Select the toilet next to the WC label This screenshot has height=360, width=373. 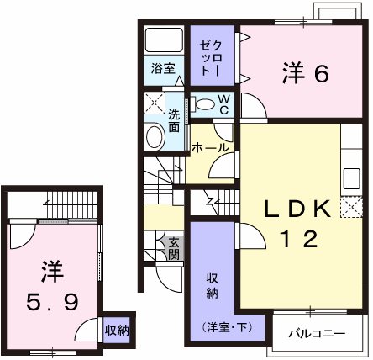coord(205,104)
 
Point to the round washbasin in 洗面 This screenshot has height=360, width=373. coord(155,137)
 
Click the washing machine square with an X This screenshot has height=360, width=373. coord(155,103)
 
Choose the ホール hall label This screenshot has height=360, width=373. coord(211,147)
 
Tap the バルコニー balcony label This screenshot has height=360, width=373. coord(317,334)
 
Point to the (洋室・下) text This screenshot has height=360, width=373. coord(213,326)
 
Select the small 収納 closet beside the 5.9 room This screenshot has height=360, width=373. coord(117,330)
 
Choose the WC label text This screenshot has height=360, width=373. coord(224,103)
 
